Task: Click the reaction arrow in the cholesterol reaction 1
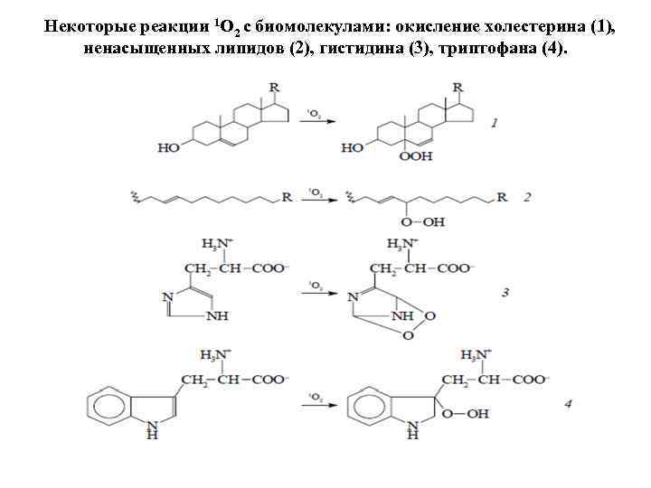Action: [315, 122]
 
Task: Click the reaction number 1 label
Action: [495, 123]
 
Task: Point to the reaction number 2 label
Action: [526, 197]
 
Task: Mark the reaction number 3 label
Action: [505, 292]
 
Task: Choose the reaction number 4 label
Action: [568, 404]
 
